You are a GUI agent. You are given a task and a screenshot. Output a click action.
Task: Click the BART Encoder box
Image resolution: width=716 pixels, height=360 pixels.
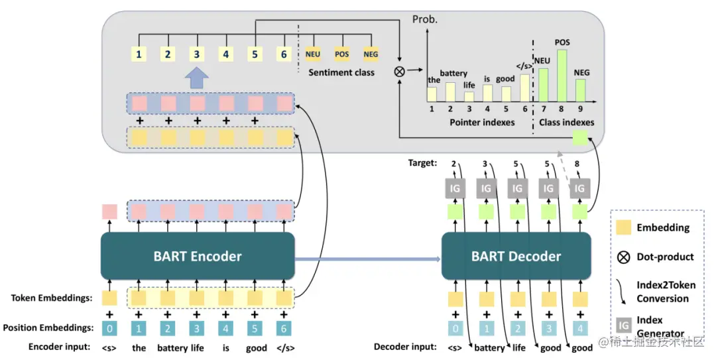click(198, 256)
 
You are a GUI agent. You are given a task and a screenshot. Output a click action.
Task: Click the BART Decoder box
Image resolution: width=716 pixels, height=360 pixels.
click(516, 256)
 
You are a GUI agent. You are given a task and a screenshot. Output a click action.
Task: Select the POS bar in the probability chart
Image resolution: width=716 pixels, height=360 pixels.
click(562, 75)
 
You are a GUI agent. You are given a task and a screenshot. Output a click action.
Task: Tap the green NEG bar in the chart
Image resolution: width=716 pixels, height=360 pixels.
click(580, 90)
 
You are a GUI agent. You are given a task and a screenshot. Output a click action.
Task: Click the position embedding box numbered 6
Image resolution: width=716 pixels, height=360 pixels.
click(284, 327)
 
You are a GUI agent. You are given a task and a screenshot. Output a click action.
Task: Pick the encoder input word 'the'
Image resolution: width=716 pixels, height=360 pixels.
click(139, 347)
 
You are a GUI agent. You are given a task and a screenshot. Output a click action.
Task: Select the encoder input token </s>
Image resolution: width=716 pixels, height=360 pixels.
click(284, 347)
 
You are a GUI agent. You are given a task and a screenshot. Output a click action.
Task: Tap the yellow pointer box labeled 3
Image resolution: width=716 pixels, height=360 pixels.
click(197, 54)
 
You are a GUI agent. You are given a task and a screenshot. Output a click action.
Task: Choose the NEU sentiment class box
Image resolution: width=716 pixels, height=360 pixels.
click(313, 54)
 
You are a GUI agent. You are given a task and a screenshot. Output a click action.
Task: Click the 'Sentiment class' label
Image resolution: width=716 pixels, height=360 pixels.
click(341, 72)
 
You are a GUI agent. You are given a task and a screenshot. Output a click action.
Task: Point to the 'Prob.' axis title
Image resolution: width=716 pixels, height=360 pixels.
click(425, 19)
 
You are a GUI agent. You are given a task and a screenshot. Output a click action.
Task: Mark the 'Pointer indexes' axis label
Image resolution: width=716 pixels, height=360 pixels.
click(482, 122)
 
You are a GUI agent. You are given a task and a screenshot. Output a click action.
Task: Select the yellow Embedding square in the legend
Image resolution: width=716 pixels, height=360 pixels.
click(623, 227)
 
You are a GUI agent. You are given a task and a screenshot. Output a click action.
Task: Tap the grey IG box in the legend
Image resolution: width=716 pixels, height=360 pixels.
click(623, 324)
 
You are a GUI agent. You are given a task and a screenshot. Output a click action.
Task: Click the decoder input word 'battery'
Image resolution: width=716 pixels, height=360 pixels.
click(489, 347)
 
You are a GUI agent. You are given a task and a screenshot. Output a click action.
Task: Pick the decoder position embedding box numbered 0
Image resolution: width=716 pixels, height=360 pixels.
click(455, 327)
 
